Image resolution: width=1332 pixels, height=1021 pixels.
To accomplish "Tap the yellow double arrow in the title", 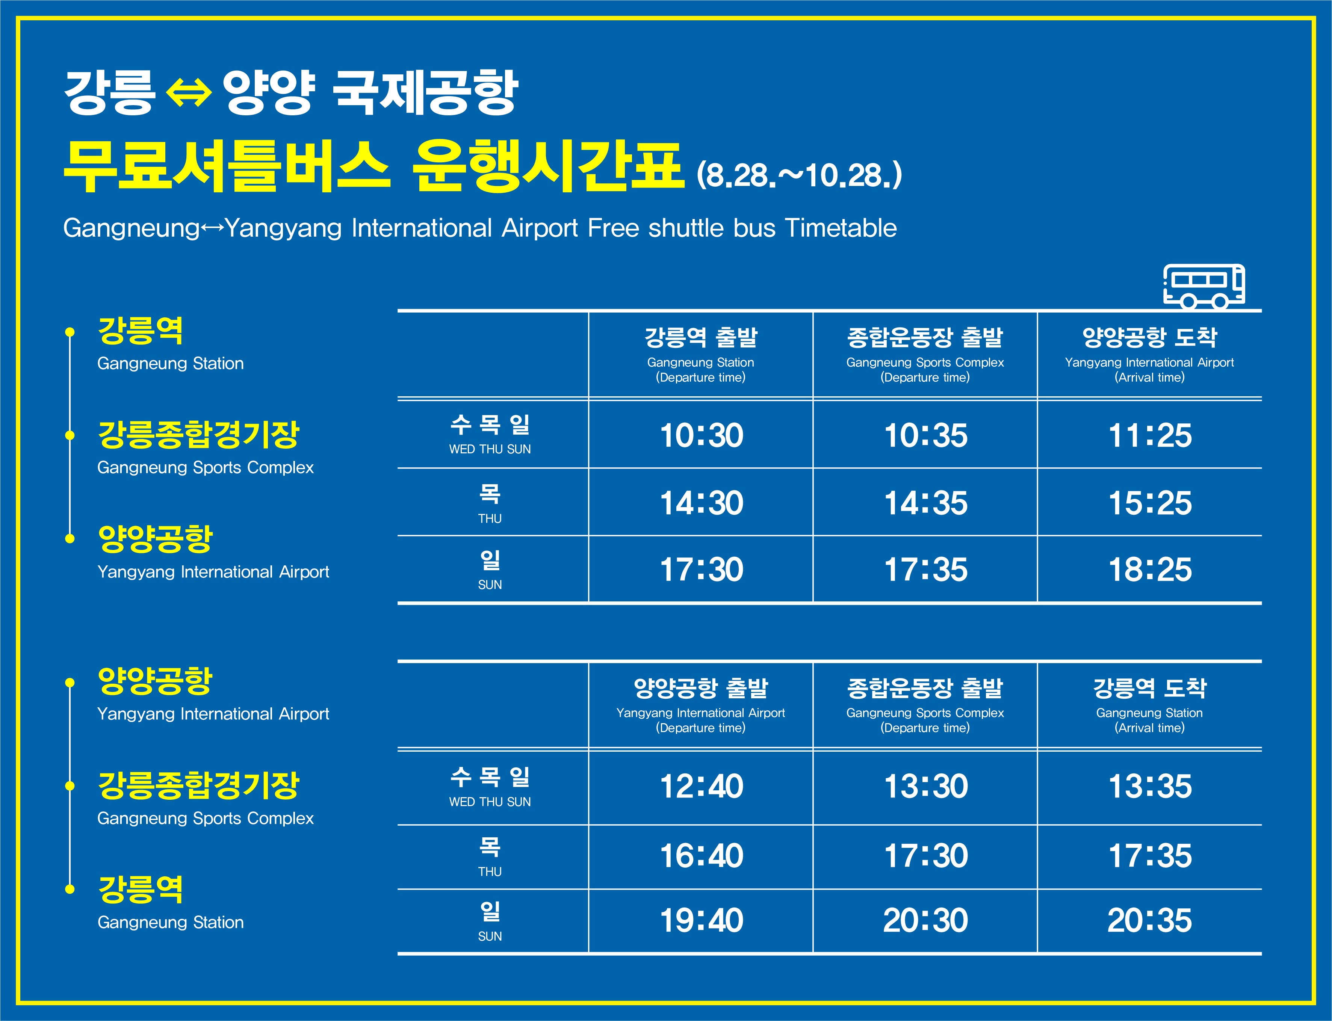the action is [x=189, y=95].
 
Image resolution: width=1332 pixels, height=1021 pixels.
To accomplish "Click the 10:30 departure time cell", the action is [x=701, y=435].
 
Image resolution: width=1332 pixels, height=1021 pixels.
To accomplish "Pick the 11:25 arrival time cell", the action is [x=1150, y=435].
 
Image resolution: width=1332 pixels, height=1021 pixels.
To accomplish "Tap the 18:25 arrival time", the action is [x=1150, y=569].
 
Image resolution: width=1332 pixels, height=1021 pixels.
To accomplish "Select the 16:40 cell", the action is [x=701, y=856].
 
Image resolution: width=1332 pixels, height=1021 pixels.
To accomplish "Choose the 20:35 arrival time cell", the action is [x=1150, y=920].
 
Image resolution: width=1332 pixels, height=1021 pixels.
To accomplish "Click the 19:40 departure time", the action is [x=701, y=920].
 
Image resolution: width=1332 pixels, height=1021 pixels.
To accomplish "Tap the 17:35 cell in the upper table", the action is [x=925, y=569].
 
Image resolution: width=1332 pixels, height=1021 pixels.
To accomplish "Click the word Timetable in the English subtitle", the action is [x=841, y=228].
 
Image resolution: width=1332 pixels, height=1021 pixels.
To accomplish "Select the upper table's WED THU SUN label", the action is [x=490, y=449].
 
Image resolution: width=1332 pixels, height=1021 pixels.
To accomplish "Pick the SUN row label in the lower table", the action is [x=490, y=936].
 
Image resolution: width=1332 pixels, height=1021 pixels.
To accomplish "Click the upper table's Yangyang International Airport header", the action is [x=1150, y=362].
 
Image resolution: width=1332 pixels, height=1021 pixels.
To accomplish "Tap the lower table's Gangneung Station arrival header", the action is [x=1150, y=713].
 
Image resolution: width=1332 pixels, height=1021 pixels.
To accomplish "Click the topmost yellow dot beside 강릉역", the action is [x=70, y=332].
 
